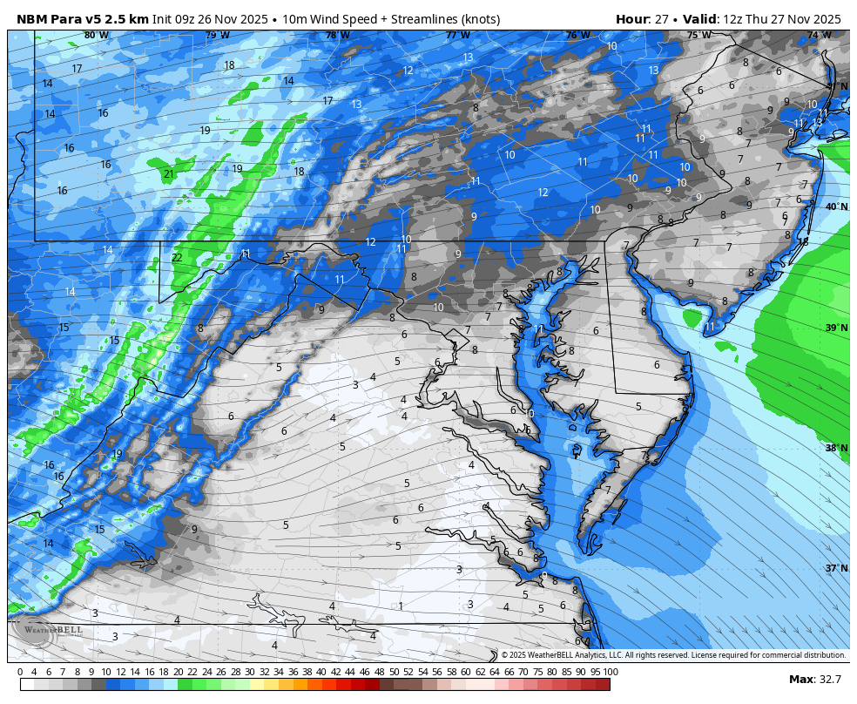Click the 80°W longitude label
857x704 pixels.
97,36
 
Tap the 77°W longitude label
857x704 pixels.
457,36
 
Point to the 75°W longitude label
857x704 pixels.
698,36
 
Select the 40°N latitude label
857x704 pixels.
836,207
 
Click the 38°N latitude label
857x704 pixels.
836,448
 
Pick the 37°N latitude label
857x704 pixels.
836,568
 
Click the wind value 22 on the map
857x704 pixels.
177,258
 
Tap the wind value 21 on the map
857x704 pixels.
168,174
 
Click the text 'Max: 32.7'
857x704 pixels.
814,680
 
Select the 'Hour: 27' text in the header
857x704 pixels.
640,19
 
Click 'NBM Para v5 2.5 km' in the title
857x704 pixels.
82,19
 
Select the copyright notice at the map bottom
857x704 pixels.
672,655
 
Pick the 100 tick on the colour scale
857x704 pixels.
610,672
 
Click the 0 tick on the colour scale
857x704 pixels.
20,672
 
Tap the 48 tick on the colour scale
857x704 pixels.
379,672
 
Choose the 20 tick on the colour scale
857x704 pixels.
178,672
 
